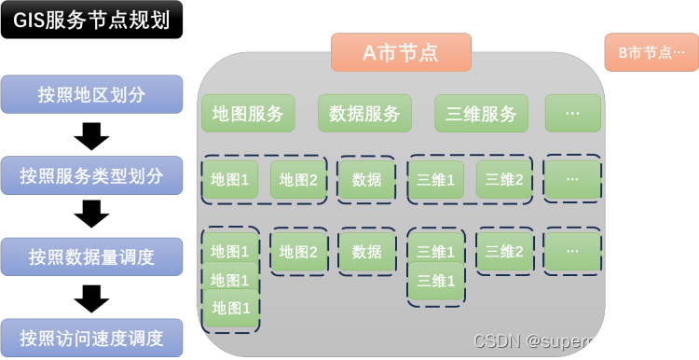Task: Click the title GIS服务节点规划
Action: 91,19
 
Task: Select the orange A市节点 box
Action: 401,52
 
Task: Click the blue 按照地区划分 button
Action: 91,94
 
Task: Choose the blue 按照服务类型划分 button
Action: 91,175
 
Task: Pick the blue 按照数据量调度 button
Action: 91,256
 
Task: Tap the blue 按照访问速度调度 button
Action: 91,337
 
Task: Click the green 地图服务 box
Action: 248,114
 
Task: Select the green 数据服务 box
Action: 364,114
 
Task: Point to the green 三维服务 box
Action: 481,114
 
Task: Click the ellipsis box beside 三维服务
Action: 572,114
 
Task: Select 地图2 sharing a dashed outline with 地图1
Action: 298,179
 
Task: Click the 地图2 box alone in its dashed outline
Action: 298,252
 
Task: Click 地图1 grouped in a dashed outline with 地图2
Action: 229,179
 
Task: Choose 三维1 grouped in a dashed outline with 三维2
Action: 435,179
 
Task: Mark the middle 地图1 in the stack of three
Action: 229,280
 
